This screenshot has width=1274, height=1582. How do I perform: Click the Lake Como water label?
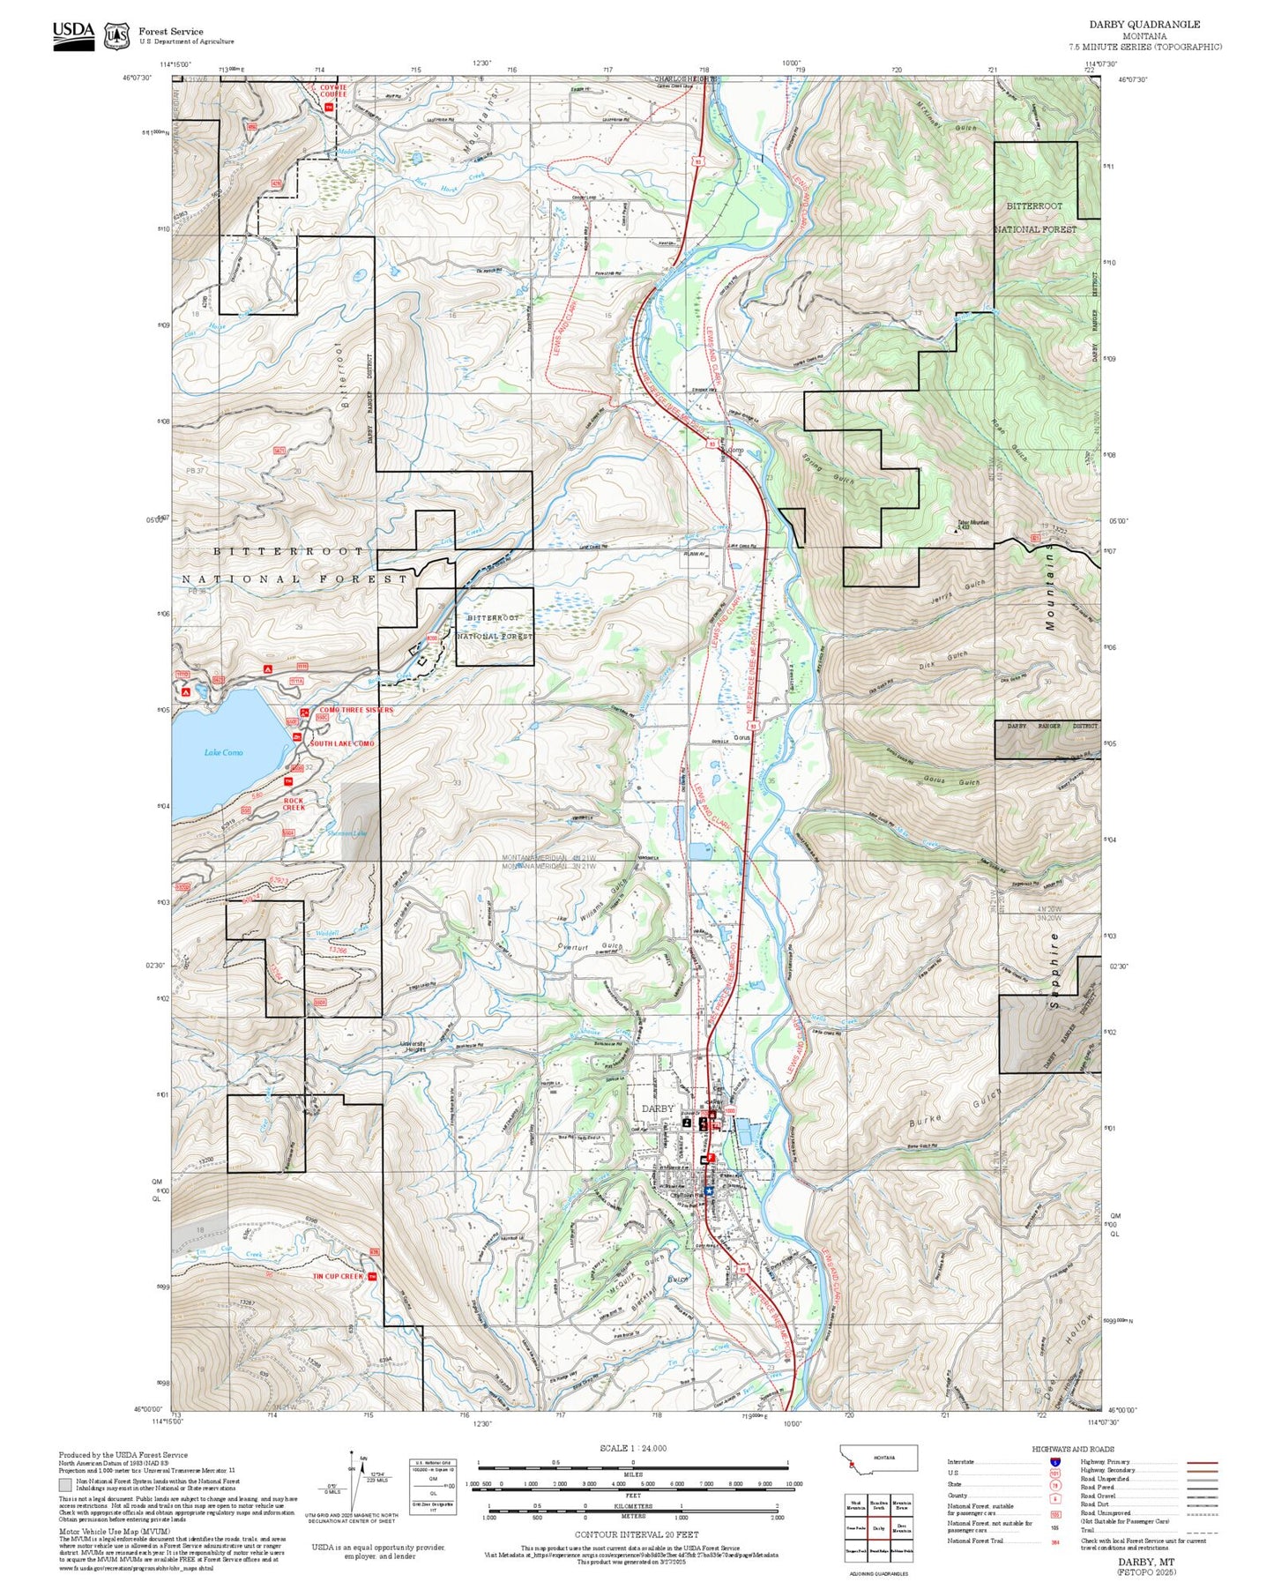click(x=223, y=752)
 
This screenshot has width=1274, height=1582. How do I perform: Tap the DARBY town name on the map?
click(x=658, y=1108)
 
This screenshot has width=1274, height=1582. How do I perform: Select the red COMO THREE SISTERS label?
click(x=356, y=710)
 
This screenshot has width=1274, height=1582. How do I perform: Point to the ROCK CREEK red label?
click(x=294, y=804)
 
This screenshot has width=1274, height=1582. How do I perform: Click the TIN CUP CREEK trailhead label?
click(x=339, y=1276)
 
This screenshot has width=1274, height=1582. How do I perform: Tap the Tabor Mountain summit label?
click(x=972, y=523)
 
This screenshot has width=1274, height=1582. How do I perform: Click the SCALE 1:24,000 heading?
click(x=633, y=1448)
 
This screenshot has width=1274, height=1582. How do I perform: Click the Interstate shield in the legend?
click(x=1054, y=1462)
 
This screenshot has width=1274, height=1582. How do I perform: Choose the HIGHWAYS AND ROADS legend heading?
click(x=1072, y=1449)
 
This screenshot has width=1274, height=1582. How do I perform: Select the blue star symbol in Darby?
click(x=707, y=1190)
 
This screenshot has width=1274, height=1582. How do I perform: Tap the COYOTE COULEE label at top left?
click(x=333, y=91)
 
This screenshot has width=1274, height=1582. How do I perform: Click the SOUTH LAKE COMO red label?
click(x=341, y=743)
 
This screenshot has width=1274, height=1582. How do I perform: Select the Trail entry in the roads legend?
click(x=1087, y=1530)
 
